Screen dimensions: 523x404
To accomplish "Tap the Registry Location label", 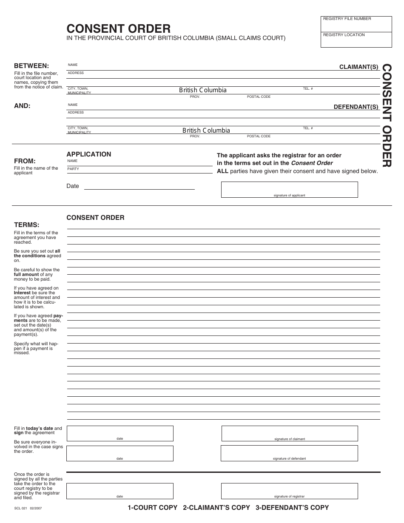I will [x=344, y=35].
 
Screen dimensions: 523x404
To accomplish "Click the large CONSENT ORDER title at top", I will [x=118, y=28].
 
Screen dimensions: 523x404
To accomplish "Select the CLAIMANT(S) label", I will [x=358, y=67].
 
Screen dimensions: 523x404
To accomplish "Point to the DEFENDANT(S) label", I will [x=356, y=107].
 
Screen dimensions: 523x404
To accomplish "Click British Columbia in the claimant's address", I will [x=202, y=90].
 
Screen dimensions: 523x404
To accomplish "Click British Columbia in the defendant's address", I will [x=206, y=131].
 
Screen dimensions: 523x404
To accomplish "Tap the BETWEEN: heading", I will [x=31, y=66].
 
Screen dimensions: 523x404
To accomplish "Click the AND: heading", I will [x=22, y=106].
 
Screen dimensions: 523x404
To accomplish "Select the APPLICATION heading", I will [x=88, y=154].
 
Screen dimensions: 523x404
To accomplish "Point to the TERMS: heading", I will [x=27, y=225].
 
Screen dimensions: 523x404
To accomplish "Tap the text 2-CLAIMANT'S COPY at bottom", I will [x=216, y=508].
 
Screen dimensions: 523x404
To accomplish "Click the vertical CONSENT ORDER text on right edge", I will [x=386, y=115].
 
